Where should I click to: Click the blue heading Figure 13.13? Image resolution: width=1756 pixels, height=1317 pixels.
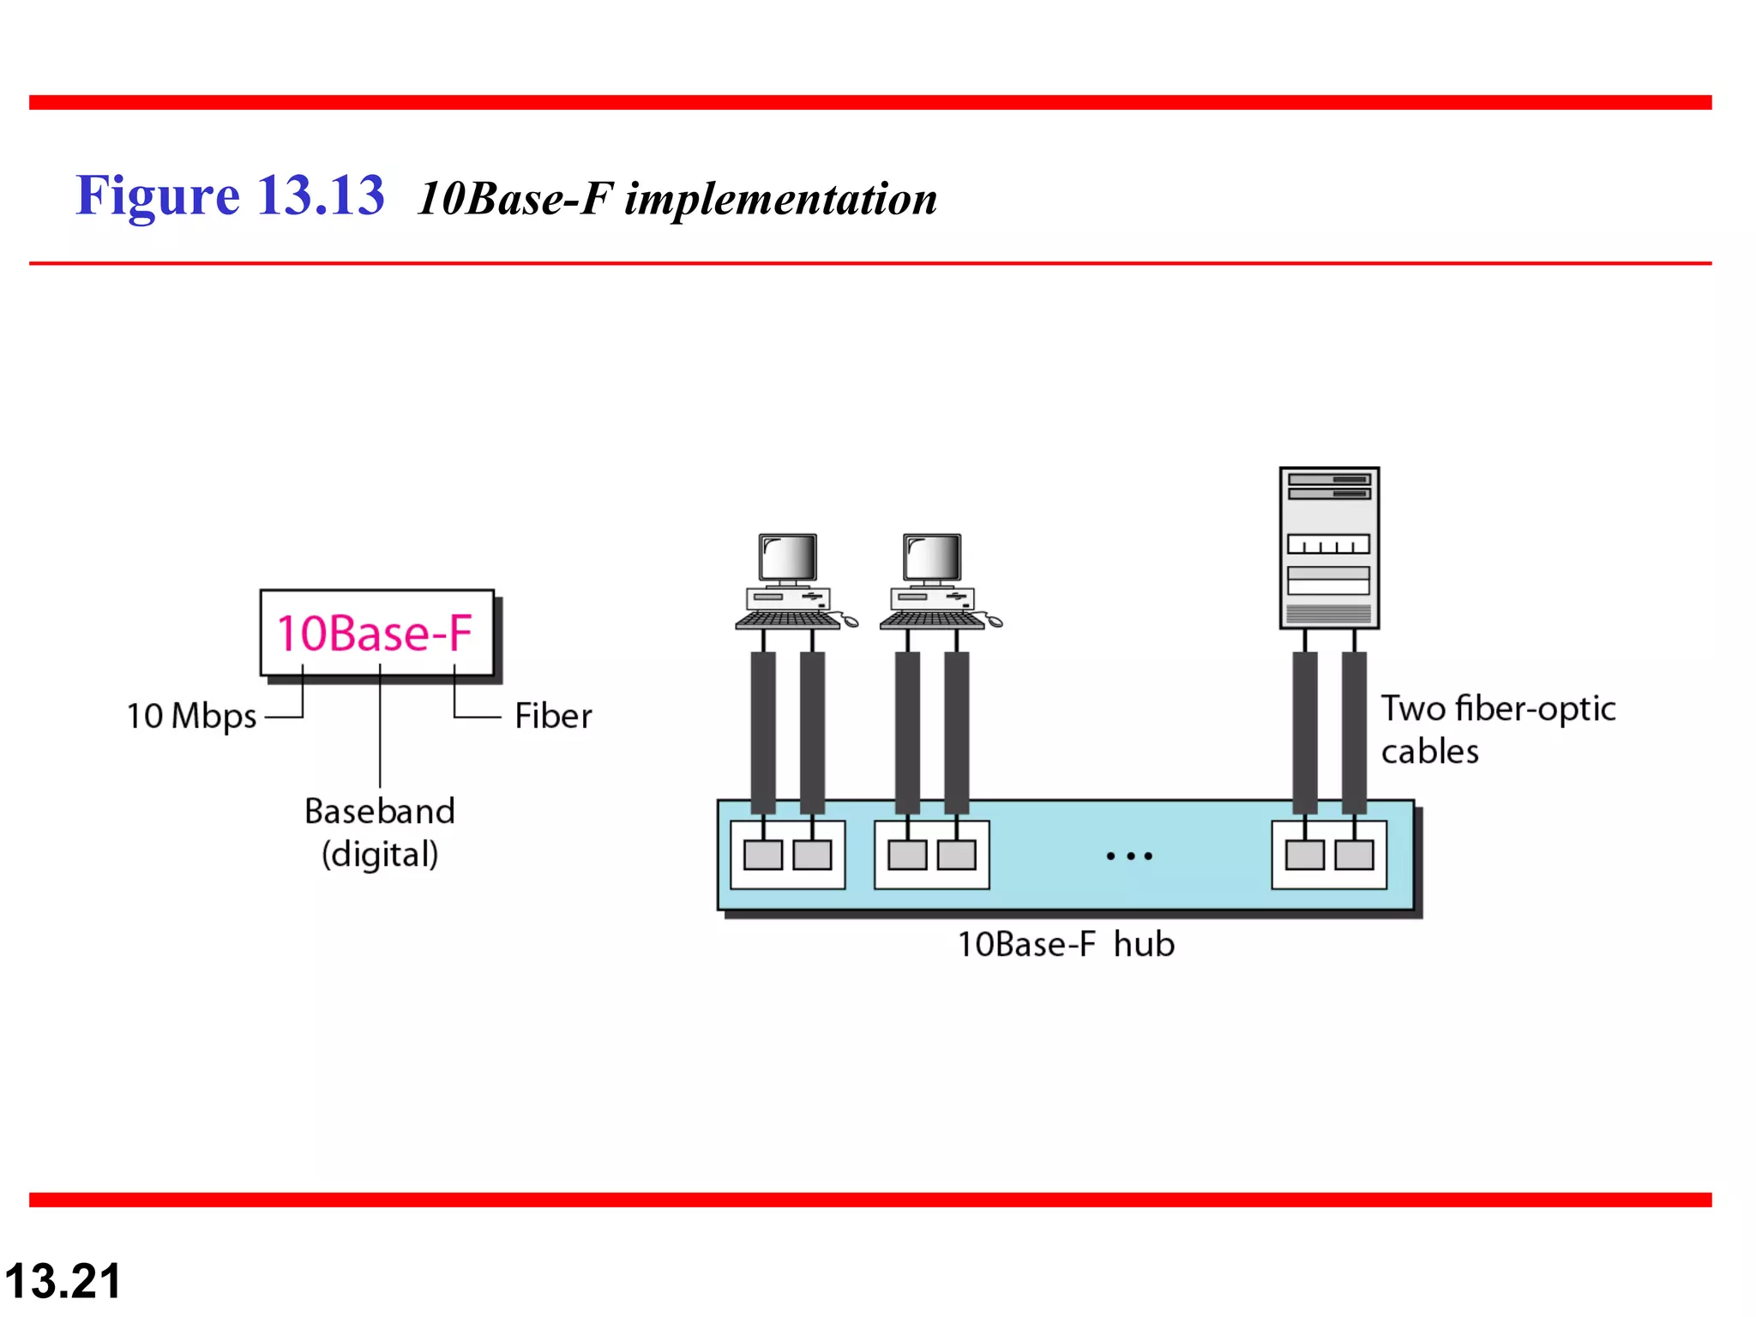click(230, 195)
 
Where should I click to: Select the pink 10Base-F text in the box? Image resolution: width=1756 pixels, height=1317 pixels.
click(374, 634)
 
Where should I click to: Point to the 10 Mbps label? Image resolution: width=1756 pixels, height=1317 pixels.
click(191, 716)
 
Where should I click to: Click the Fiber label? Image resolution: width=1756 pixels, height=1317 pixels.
click(553, 716)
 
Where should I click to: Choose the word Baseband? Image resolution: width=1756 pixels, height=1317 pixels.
click(380, 811)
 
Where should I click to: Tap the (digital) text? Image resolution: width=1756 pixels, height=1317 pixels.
click(380, 855)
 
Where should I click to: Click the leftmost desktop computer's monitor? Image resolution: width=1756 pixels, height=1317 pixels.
click(788, 558)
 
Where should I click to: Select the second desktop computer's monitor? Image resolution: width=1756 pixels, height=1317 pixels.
click(932, 558)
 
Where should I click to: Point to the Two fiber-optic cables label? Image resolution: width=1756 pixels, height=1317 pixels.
click(1497, 730)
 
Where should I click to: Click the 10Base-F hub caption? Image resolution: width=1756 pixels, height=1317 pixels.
click(1066, 945)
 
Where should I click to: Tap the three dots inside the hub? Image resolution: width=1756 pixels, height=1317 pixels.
click(1129, 856)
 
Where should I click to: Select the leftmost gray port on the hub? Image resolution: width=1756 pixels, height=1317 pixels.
click(762, 855)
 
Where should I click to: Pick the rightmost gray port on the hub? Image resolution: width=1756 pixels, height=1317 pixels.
click(1354, 855)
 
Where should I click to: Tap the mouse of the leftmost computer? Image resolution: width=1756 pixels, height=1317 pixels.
click(850, 622)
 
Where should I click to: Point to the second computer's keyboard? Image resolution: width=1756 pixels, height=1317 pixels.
click(932, 619)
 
